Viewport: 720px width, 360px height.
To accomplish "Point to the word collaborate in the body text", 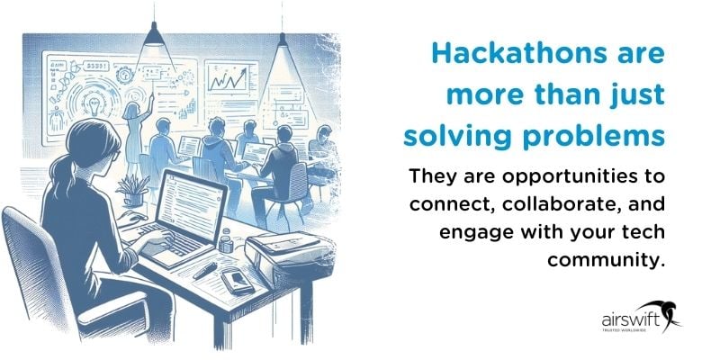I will (562, 202).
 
